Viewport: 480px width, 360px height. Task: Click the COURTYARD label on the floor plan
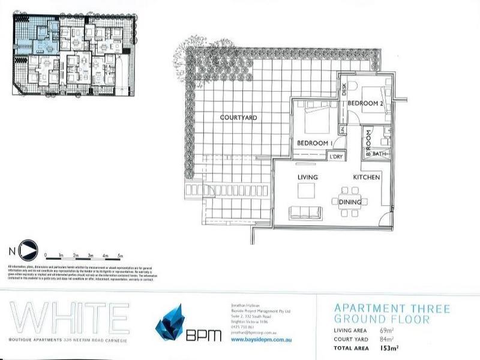click(x=238, y=118)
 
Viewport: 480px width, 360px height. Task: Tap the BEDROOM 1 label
click(x=315, y=143)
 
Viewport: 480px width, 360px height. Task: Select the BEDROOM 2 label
click(x=365, y=103)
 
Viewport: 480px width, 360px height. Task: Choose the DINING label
click(x=349, y=202)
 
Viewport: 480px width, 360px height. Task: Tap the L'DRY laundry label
click(x=335, y=157)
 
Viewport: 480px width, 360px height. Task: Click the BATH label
click(x=379, y=154)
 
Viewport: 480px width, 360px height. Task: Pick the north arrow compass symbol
click(x=28, y=248)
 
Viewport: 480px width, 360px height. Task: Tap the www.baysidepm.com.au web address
click(x=256, y=340)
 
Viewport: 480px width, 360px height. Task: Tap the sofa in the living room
click(x=305, y=212)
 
